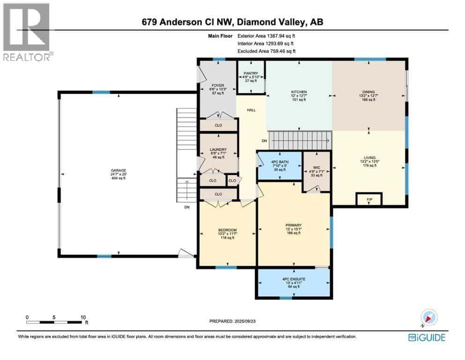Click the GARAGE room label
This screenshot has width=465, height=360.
(118, 171)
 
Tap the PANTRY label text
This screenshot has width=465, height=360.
(251, 73)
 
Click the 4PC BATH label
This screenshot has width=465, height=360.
(280, 162)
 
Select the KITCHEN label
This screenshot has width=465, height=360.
(299, 92)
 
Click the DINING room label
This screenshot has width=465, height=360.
(368, 92)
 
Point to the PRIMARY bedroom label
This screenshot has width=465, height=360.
(294, 225)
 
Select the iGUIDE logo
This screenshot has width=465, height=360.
(427, 337)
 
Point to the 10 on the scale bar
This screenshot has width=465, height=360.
(83, 317)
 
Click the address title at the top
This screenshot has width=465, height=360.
(232, 22)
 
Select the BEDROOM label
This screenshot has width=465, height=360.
(227, 230)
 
